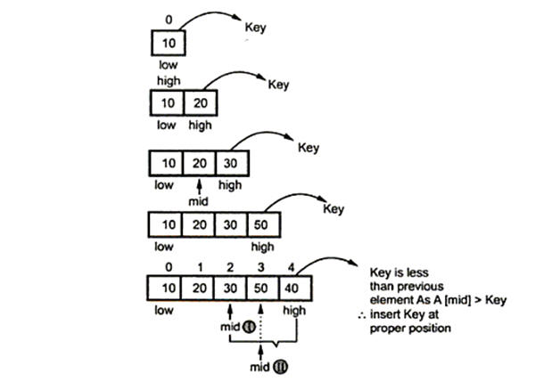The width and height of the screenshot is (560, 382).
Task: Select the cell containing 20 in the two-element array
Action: (x=198, y=103)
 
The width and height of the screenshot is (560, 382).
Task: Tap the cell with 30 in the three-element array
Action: (x=230, y=165)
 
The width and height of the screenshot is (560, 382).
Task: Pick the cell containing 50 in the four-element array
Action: (x=261, y=224)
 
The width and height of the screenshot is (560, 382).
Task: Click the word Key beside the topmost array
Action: (x=256, y=28)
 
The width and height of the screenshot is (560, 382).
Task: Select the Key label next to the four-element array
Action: (x=333, y=209)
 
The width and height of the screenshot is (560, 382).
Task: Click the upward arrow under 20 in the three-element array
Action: (x=198, y=186)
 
